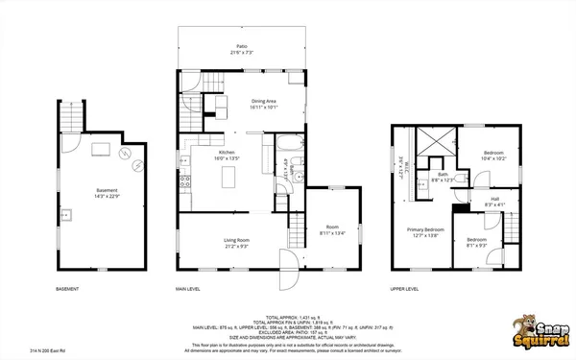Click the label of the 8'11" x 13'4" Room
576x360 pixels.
332,228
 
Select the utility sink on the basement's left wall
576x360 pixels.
69,213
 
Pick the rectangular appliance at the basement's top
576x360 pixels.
100,149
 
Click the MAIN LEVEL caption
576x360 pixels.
187,288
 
